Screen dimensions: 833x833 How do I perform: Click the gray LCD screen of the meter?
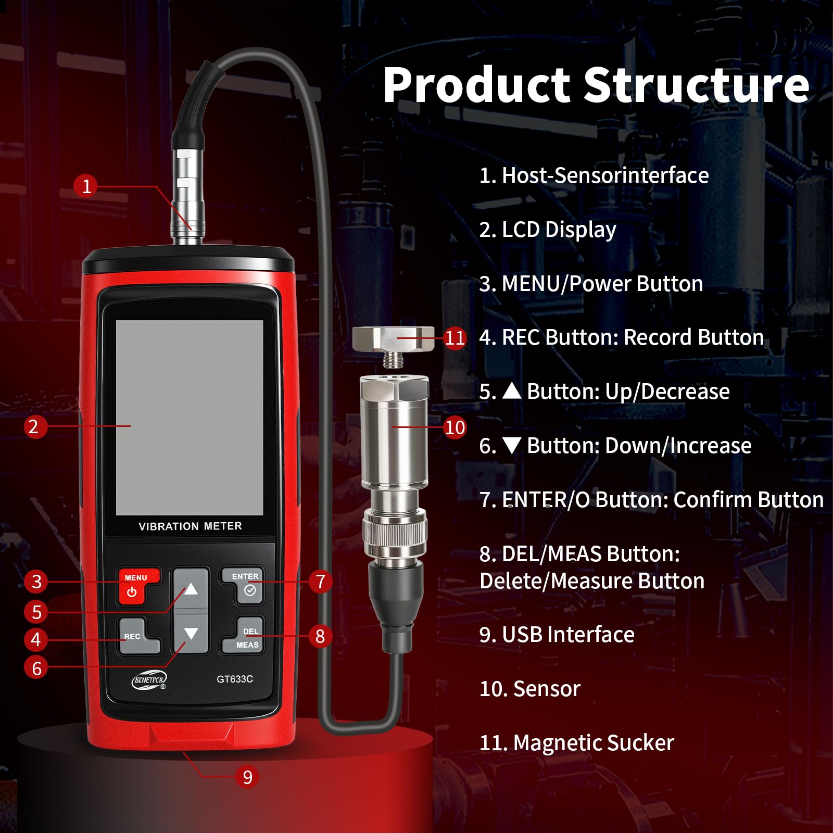point(190,418)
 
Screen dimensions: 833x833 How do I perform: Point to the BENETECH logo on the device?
point(149,680)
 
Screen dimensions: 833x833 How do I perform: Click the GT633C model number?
point(235,679)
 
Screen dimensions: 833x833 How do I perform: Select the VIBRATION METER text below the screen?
point(190,526)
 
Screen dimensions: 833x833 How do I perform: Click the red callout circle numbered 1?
point(86,186)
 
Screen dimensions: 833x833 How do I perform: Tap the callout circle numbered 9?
point(247,777)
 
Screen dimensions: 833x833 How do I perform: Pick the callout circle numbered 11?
point(455,338)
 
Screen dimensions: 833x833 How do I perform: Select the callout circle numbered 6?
point(36,668)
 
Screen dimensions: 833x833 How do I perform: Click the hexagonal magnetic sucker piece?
point(394,339)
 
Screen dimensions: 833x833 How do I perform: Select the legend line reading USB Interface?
point(557,635)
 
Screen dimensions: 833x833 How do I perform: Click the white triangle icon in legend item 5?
point(512,390)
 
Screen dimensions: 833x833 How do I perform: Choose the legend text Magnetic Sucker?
point(594,743)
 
